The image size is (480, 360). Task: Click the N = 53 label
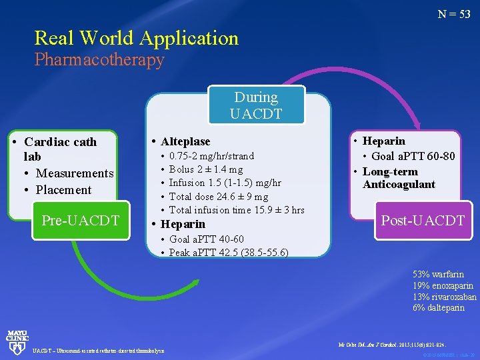pos(454,14)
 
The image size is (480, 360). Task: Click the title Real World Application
pos(136,38)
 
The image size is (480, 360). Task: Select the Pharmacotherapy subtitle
pos(99,60)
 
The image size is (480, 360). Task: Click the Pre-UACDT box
pos(80,220)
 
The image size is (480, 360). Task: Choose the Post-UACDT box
pos(422,220)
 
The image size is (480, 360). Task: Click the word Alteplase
pos(185,141)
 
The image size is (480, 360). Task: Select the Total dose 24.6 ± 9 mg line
pos(219,197)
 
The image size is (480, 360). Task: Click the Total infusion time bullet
pos(237,210)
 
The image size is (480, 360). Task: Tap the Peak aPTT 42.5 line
pos(229,253)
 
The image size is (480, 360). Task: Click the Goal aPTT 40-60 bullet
pos(207,239)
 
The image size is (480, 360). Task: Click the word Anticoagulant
pos(399,184)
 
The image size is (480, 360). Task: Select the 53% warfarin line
pos(438,274)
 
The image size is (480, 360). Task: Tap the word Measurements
pos(75,173)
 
